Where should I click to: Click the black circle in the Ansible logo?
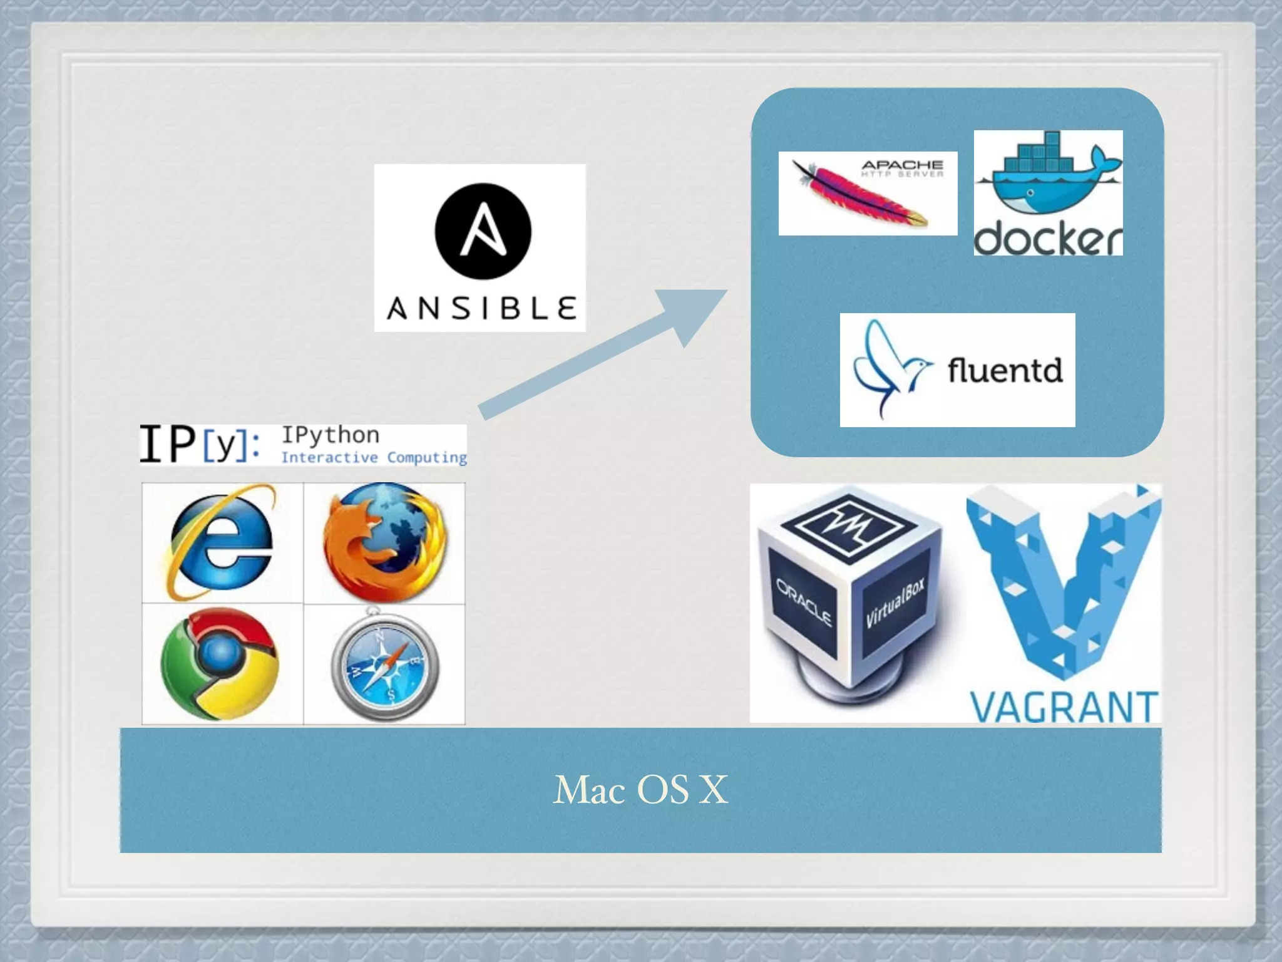click(x=483, y=230)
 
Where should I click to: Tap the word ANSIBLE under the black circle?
click(x=481, y=309)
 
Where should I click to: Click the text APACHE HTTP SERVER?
click(x=902, y=168)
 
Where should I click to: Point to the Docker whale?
click(x=1047, y=182)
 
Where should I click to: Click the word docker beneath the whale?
click(x=1048, y=239)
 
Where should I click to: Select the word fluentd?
click(x=1005, y=370)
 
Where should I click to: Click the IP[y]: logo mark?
click(x=199, y=443)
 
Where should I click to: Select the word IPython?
click(x=330, y=435)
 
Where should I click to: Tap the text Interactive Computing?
click(x=374, y=457)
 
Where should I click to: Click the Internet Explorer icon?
click(x=220, y=542)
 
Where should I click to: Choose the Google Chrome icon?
click(x=219, y=664)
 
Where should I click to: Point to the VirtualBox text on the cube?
click(x=896, y=603)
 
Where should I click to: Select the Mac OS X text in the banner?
click(x=640, y=790)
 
